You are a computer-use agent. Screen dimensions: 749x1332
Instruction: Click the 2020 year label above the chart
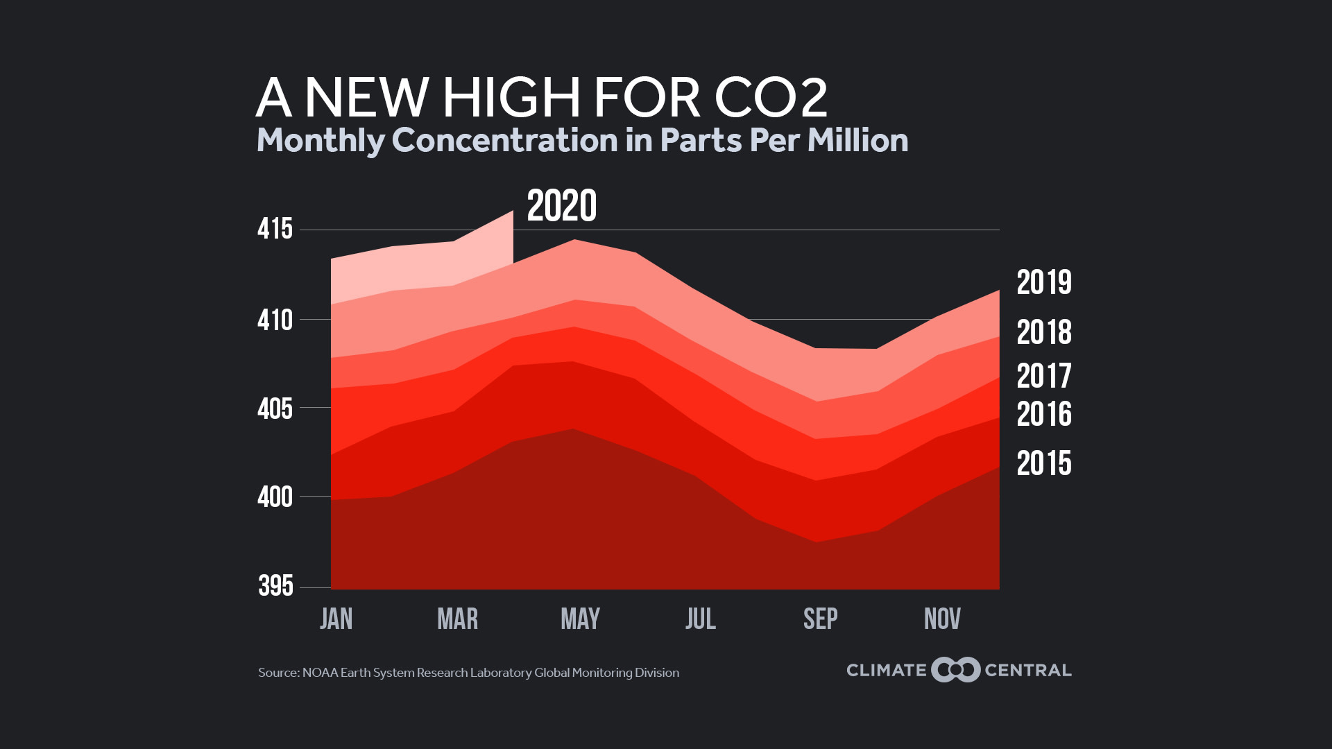(x=561, y=206)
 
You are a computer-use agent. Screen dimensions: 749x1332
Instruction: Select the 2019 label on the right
(x=1043, y=283)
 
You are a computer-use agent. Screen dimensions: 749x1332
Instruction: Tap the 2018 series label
(x=1043, y=333)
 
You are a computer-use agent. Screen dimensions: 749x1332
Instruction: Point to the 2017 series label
(x=1043, y=377)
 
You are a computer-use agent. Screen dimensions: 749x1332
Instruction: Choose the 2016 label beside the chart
(x=1043, y=415)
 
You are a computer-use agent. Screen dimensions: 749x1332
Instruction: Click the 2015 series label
(x=1043, y=464)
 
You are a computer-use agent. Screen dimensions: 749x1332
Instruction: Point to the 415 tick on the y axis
(x=275, y=230)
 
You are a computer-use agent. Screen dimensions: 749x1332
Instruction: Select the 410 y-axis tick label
(x=275, y=320)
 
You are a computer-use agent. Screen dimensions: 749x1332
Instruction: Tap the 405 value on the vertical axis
(x=275, y=409)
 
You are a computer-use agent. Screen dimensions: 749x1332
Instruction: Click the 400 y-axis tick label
(x=275, y=497)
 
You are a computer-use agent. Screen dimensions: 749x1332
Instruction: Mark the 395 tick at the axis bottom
(x=275, y=586)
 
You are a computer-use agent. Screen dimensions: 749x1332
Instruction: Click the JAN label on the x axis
(x=336, y=619)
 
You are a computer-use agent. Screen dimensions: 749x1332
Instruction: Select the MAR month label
(x=458, y=619)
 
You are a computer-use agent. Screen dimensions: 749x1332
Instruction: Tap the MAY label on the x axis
(x=580, y=619)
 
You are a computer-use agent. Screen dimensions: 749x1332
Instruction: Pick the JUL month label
(x=701, y=619)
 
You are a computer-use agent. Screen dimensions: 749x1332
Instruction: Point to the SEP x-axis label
(x=821, y=619)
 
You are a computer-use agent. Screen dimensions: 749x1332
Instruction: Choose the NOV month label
(x=942, y=619)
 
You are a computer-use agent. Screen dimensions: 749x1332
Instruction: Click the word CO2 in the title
(x=771, y=98)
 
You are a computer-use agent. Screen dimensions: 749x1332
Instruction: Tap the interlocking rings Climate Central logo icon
(x=956, y=670)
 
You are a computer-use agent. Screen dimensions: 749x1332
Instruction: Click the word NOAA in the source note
(x=320, y=673)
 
